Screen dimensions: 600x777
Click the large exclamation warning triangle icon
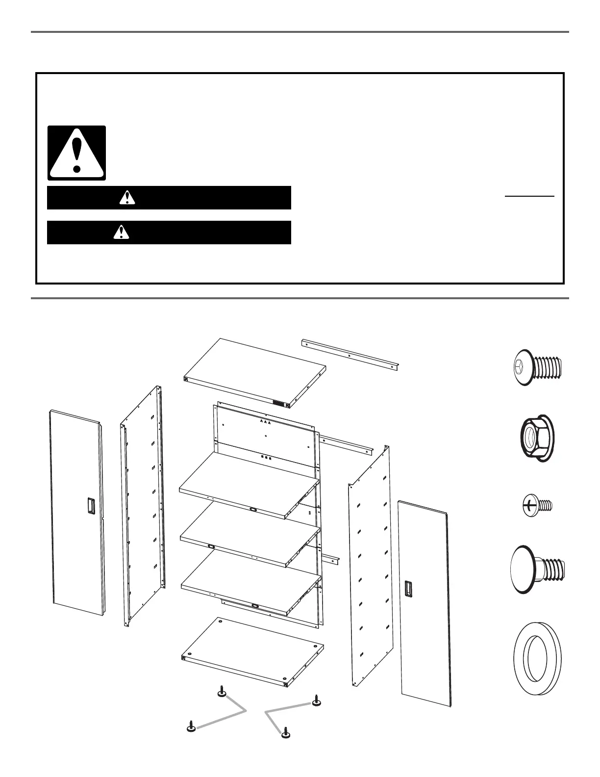(x=76, y=153)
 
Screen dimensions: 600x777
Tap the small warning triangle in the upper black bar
(x=127, y=197)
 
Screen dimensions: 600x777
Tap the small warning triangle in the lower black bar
(x=120, y=232)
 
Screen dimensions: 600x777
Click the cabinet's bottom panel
(x=252, y=650)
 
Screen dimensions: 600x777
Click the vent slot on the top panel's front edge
(x=279, y=403)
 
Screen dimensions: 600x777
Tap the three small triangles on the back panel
(x=265, y=421)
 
